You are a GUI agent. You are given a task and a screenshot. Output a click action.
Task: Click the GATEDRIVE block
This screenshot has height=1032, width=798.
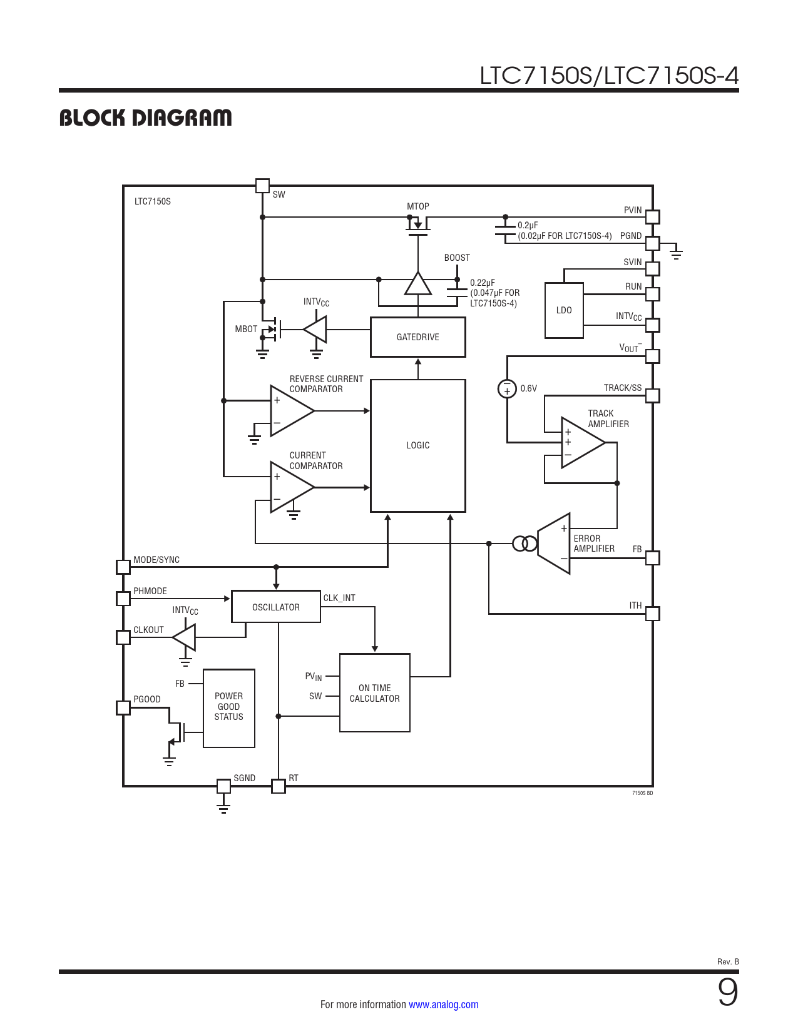(x=417, y=337)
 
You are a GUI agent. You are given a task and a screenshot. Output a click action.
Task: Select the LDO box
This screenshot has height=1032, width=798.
(x=564, y=311)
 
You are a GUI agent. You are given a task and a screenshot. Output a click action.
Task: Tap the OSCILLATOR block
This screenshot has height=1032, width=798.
(x=275, y=607)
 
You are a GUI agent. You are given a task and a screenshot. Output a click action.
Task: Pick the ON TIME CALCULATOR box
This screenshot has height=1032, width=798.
(x=374, y=693)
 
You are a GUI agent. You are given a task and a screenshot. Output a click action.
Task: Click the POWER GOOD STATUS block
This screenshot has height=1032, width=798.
(x=228, y=708)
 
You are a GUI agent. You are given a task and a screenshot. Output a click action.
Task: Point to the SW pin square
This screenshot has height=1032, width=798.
(x=262, y=186)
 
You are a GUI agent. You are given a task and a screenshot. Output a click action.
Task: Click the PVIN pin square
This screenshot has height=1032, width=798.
(x=653, y=217)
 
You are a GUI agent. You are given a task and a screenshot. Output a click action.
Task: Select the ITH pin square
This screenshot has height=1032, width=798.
(x=653, y=614)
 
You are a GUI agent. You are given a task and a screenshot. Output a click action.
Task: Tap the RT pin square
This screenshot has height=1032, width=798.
(x=279, y=786)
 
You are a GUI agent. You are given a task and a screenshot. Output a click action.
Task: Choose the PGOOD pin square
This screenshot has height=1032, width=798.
(x=123, y=707)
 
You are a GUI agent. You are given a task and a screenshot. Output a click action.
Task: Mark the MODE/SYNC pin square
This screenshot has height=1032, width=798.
(x=123, y=567)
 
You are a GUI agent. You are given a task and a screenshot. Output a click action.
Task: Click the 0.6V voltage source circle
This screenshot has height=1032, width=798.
(x=507, y=388)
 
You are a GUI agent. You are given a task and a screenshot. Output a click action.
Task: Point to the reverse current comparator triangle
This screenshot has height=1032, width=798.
(x=292, y=411)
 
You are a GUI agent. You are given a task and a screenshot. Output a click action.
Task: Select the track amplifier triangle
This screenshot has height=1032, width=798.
(x=583, y=443)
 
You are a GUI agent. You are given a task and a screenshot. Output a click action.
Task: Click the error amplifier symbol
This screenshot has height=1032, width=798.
(x=554, y=544)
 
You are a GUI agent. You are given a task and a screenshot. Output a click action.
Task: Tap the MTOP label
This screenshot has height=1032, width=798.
(x=417, y=206)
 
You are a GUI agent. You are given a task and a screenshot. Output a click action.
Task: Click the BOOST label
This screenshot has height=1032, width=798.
(x=457, y=258)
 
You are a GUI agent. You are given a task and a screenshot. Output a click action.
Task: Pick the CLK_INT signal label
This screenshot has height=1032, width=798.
(x=339, y=598)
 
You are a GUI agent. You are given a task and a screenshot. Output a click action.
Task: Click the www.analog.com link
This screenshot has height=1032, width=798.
(x=444, y=1004)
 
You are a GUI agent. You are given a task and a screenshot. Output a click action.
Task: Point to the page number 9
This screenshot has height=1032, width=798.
(x=728, y=992)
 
